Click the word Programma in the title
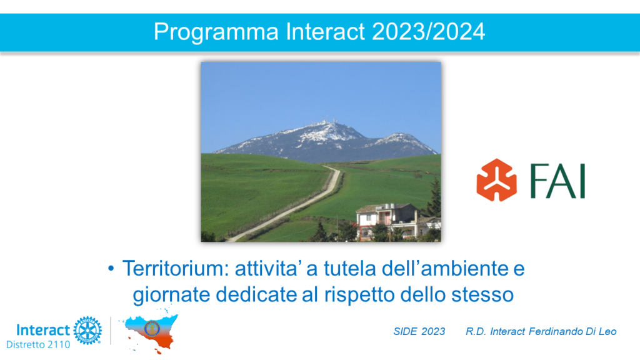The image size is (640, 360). [x=216, y=32]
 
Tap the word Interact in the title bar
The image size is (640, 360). [x=325, y=31]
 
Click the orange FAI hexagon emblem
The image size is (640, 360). [x=496, y=180]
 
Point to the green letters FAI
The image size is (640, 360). [x=558, y=181]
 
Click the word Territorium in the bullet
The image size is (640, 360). [x=175, y=269]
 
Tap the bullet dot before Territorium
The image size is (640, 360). [x=111, y=269]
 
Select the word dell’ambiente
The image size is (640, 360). [x=440, y=269]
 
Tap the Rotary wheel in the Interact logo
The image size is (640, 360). [x=87, y=330]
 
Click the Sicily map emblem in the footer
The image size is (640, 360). [x=150, y=331]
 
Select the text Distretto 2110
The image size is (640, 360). [x=38, y=344]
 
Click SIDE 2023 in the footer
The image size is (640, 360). [x=419, y=331]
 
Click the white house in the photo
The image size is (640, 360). [x=386, y=221]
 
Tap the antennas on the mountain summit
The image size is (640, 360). [x=324, y=121]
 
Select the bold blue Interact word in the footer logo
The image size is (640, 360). [x=43, y=330]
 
